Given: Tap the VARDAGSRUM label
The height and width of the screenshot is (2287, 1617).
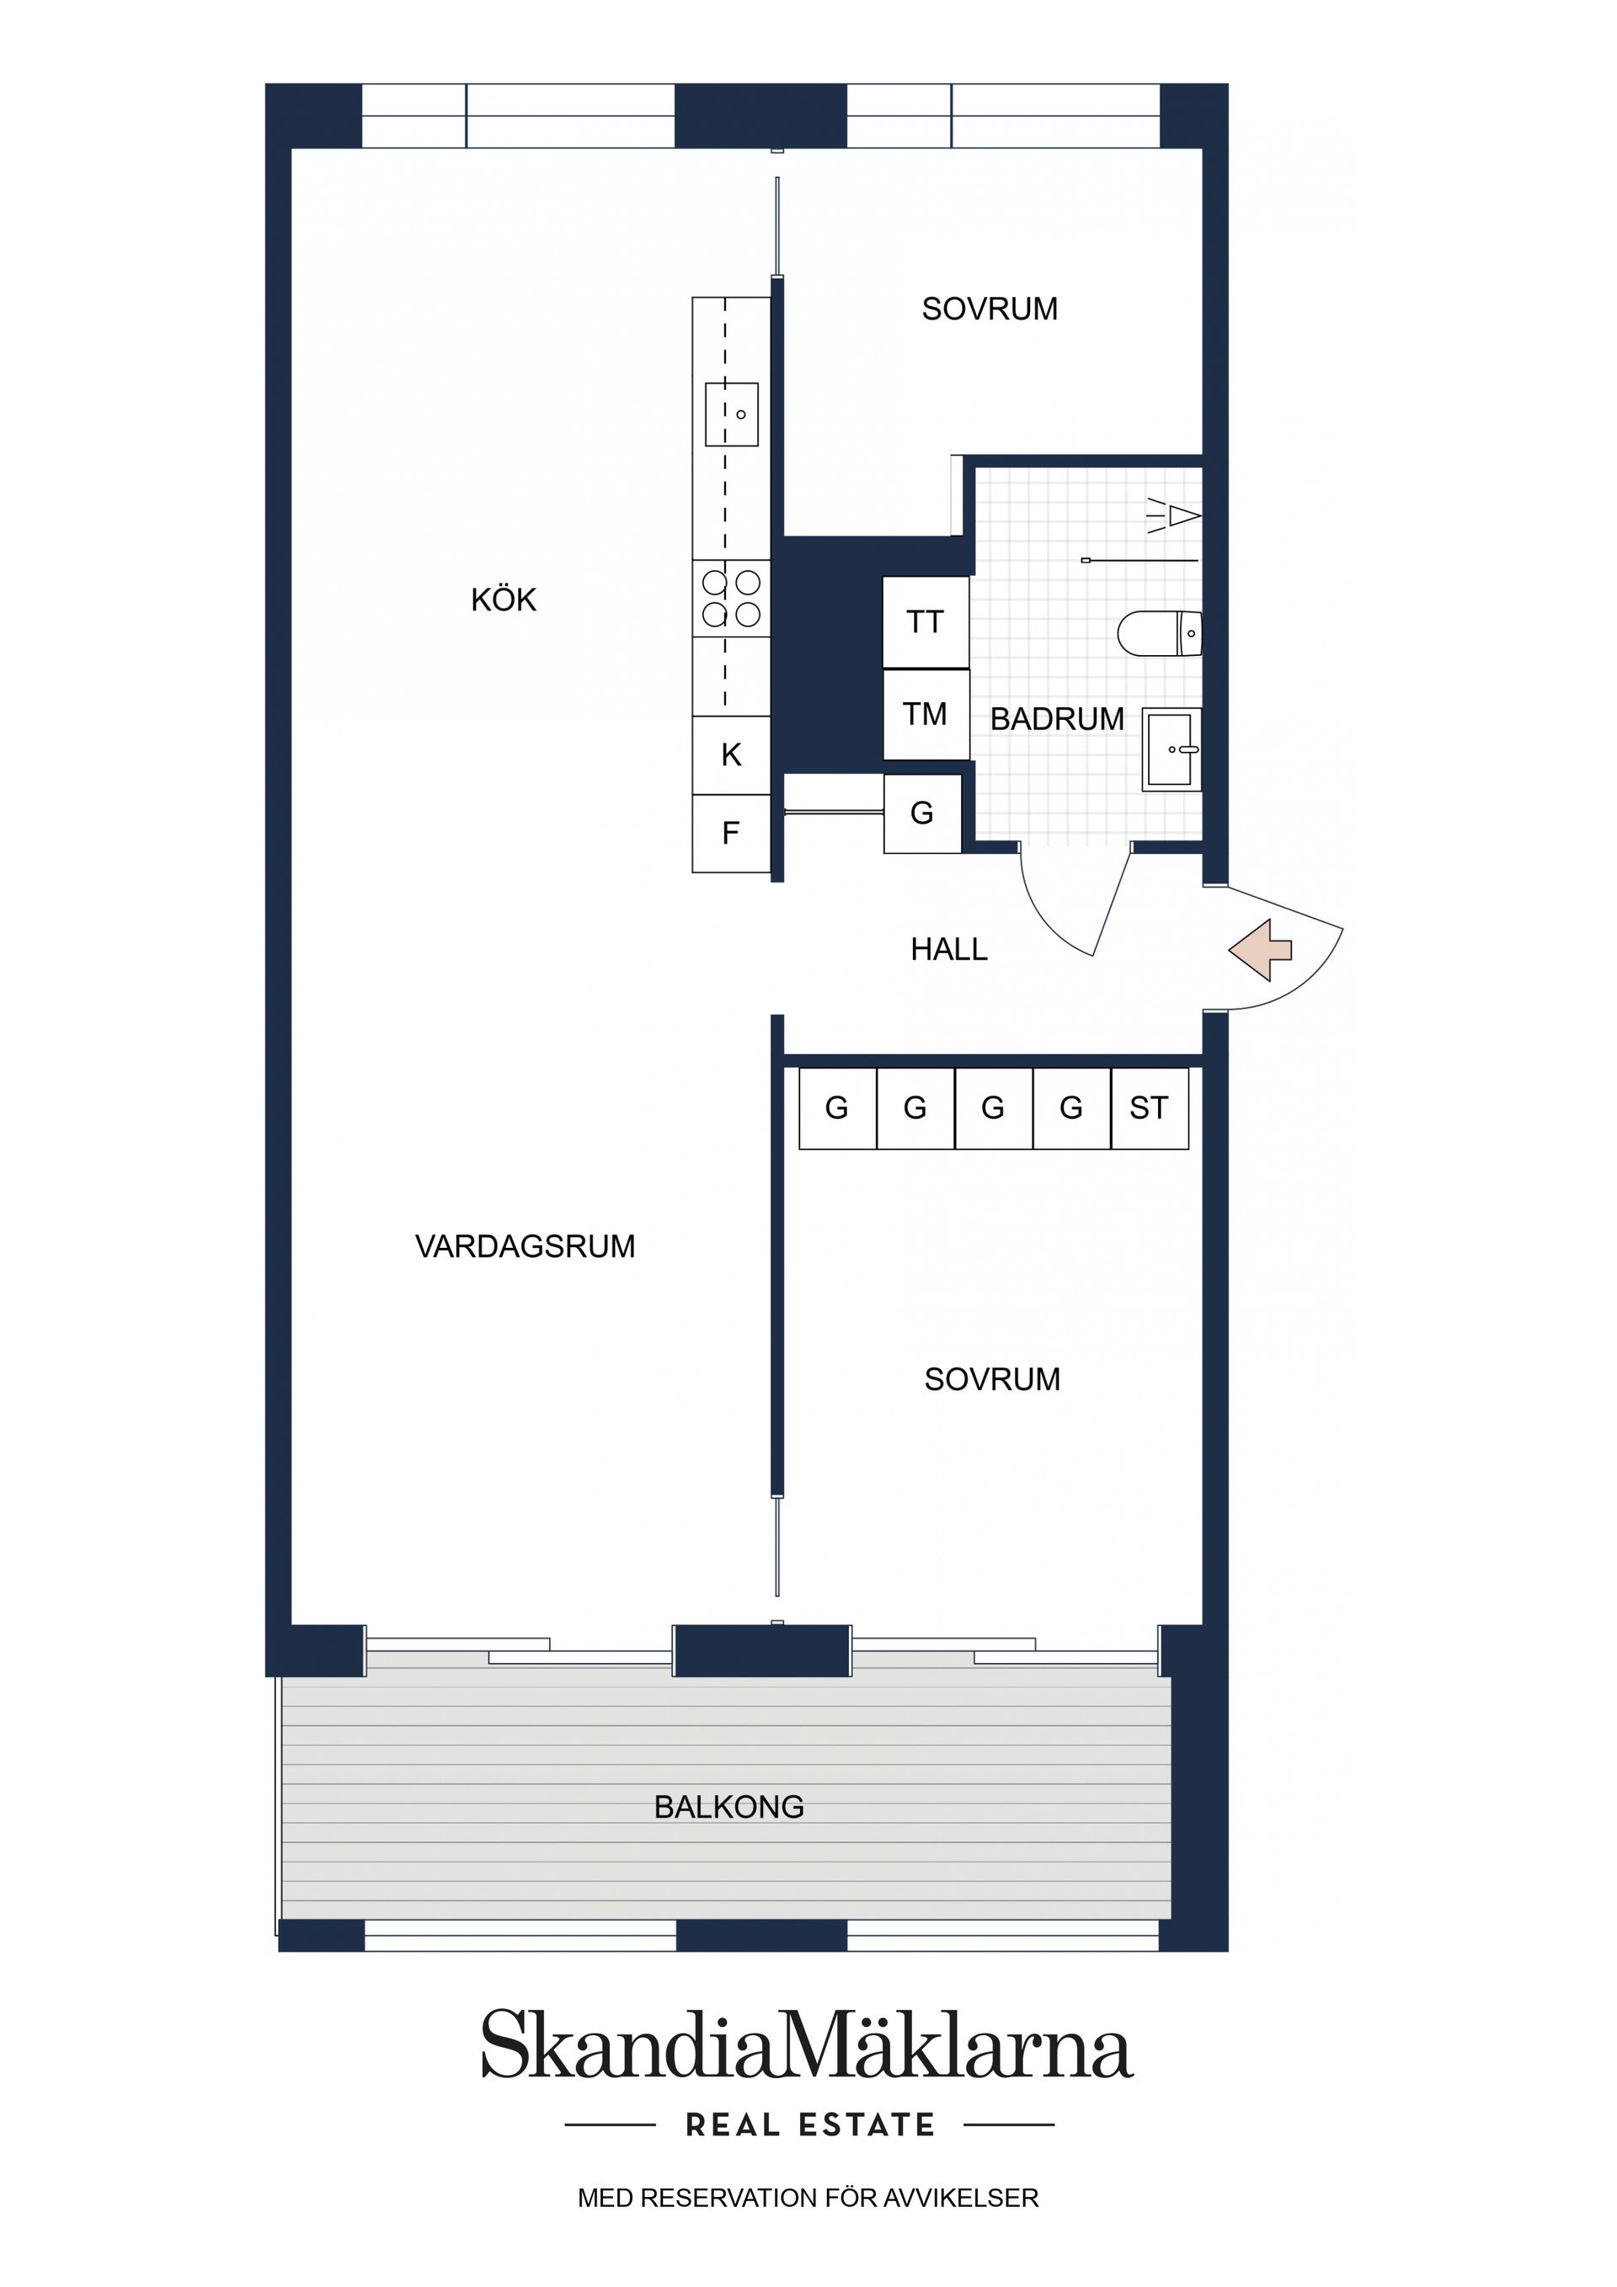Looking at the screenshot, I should (525, 1246).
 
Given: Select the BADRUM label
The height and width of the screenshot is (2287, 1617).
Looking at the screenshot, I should (1056, 718).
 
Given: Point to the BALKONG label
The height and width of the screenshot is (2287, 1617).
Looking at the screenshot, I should (728, 1807).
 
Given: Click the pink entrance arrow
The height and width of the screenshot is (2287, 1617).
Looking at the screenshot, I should (1259, 949).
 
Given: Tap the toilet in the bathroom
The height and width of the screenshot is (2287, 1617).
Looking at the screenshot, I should (1161, 633).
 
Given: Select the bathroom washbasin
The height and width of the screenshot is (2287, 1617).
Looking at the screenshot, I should (1171, 749).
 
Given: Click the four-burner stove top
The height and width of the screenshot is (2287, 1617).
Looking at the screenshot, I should (731, 598).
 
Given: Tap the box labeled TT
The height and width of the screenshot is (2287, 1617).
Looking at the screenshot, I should (926, 622).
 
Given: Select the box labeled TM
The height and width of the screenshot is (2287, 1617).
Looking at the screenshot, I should (926, 714).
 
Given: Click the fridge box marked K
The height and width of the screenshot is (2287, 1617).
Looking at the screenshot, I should (731, 755).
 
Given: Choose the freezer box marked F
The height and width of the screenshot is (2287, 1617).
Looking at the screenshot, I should (731, 833).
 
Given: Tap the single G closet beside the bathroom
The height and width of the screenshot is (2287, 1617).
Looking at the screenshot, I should (921, 813).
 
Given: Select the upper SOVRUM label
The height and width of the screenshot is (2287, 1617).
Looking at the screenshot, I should (990, 309).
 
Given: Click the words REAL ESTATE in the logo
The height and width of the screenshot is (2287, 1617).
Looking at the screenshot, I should (810, 2125).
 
